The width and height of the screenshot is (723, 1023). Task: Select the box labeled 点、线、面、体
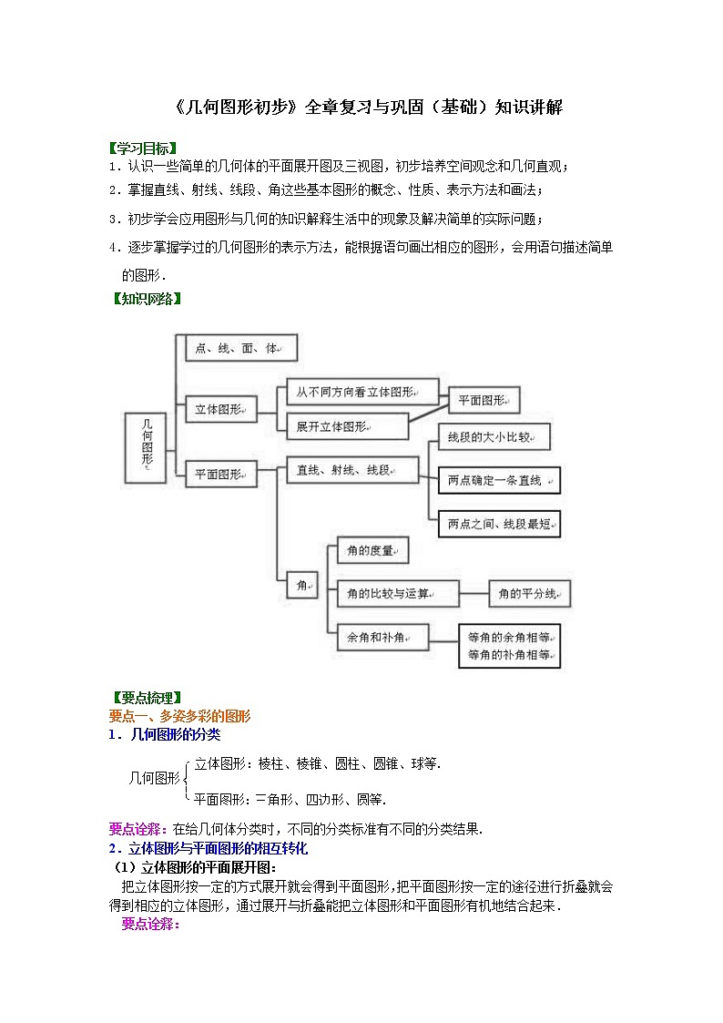click(x=240, y=348)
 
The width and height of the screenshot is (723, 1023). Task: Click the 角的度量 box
click(x=372, y=550)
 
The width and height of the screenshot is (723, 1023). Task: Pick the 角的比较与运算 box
click(x=397, y=594)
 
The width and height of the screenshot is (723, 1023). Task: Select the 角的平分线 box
click(x=529, y=594)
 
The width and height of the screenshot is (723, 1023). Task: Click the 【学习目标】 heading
click(x=142, y=148)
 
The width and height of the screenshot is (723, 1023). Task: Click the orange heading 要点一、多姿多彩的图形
click(x=179, y=716)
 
